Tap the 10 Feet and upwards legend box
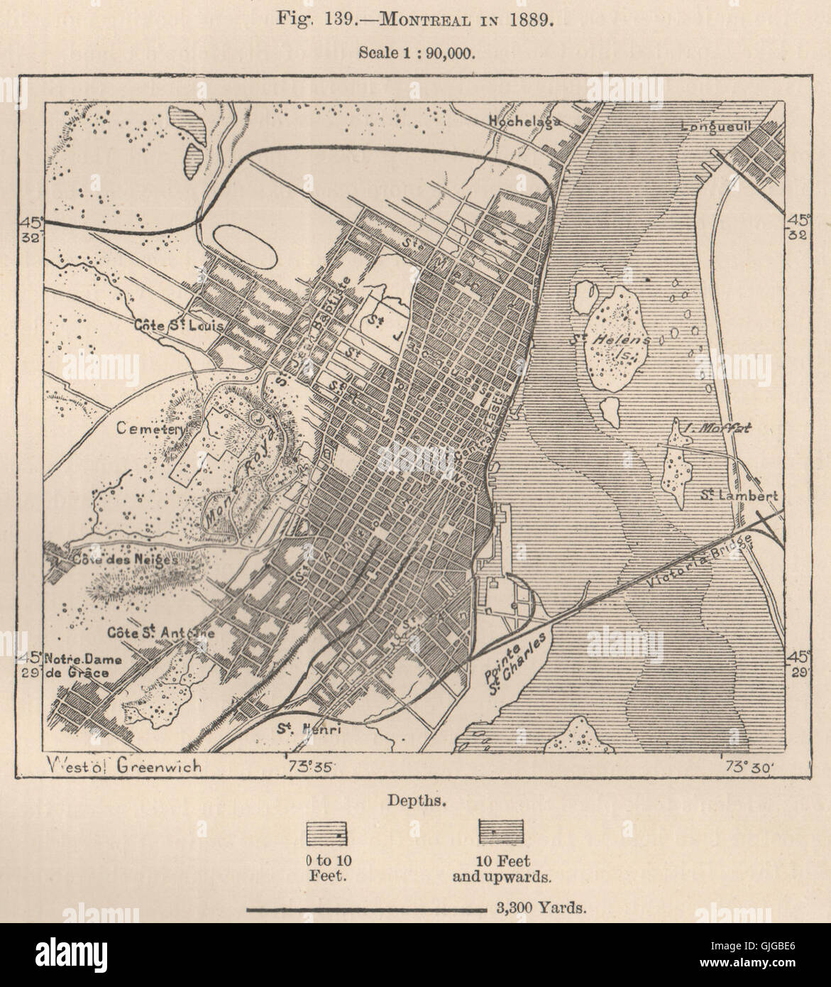502,831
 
